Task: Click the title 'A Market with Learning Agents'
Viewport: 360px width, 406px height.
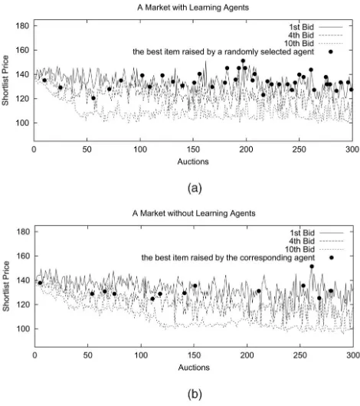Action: tap(193, 8)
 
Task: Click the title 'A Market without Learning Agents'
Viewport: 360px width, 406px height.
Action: tap(194, 214)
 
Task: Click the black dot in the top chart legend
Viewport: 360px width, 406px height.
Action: tap(330, 52)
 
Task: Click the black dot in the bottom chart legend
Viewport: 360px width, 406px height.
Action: tap(331, 257)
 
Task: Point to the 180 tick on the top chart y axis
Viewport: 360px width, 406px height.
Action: tap(22, 26)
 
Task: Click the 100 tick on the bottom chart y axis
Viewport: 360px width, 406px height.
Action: tap(23, 329)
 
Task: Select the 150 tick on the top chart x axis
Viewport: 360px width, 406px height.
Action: tap(193, 149)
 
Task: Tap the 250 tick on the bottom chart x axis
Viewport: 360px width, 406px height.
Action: tap(300, 355)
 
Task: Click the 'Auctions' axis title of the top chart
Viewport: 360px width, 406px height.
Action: tap(193, 162)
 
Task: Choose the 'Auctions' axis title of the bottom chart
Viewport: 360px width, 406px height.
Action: tap(194, 368)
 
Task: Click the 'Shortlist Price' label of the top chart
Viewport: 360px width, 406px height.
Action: tap(5, 80)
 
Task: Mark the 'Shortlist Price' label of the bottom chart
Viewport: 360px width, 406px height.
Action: tap(6, 286)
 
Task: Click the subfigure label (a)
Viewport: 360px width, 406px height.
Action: tap(195, 188)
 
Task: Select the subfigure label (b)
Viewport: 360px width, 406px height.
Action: tap(195, 394)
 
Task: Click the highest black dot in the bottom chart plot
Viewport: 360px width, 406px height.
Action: tap(312, 267)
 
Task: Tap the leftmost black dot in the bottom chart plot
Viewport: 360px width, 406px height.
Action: tap(40, 283)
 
